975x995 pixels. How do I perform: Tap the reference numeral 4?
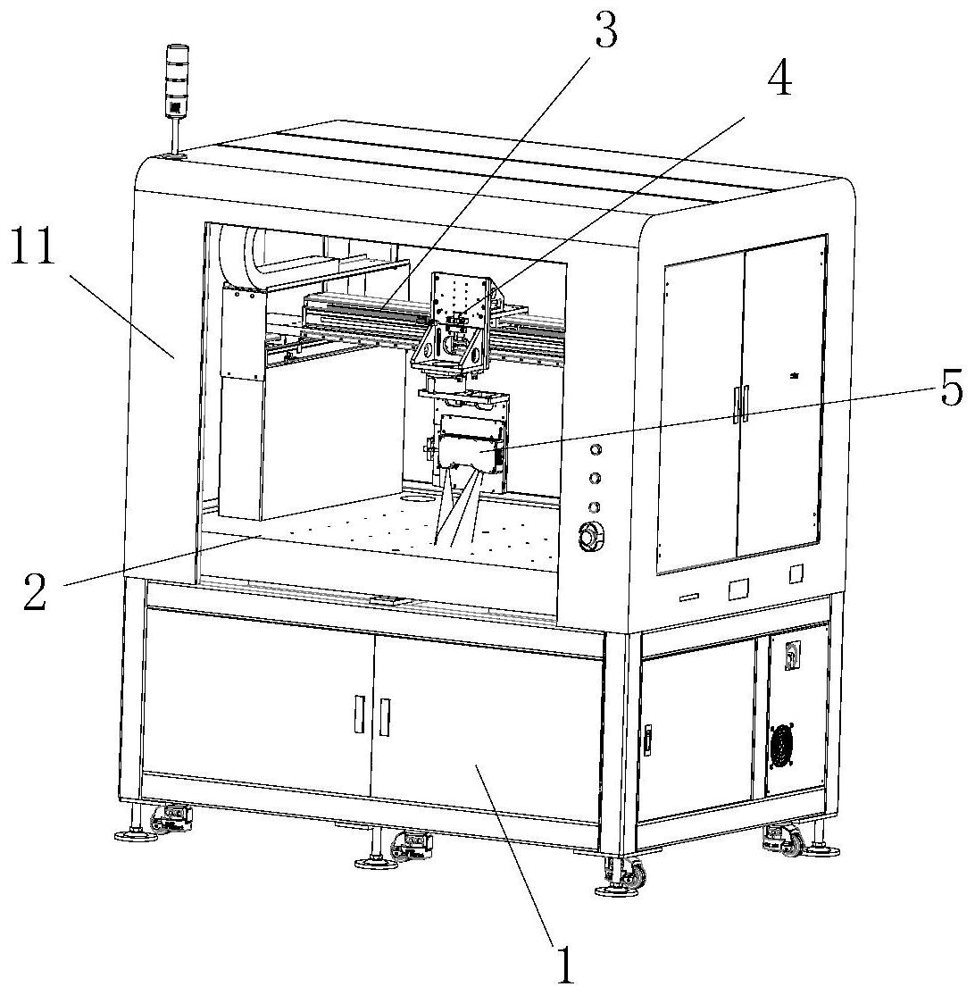(x=779, y=82)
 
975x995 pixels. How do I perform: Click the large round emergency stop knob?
(x=590, y=538)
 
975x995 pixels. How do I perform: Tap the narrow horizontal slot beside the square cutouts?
(x=690, y=595)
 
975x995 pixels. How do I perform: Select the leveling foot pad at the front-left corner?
(x=129, y=835)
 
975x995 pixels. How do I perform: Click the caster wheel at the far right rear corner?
(x=792, y=843)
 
